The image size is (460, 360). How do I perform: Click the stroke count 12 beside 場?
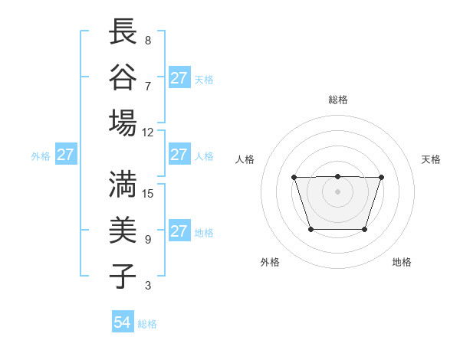point(148,132)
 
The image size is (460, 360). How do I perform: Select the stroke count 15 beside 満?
point(148,193)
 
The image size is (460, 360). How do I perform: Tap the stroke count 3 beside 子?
point(148,286)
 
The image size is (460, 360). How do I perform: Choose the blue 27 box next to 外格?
point(65,155)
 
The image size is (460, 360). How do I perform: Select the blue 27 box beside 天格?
point(179,78)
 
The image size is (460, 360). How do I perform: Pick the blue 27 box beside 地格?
point(179,231)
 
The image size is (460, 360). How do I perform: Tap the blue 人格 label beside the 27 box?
point(204,156)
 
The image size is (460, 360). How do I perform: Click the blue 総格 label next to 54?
point(147,324)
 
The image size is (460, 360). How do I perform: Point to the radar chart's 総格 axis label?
point(337,100)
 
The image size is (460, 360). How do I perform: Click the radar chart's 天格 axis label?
point(432,159)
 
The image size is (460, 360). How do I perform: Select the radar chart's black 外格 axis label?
point(270,262)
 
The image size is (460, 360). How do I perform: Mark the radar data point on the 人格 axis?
point(294,178)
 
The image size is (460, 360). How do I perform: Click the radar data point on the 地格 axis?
point(365,229)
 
